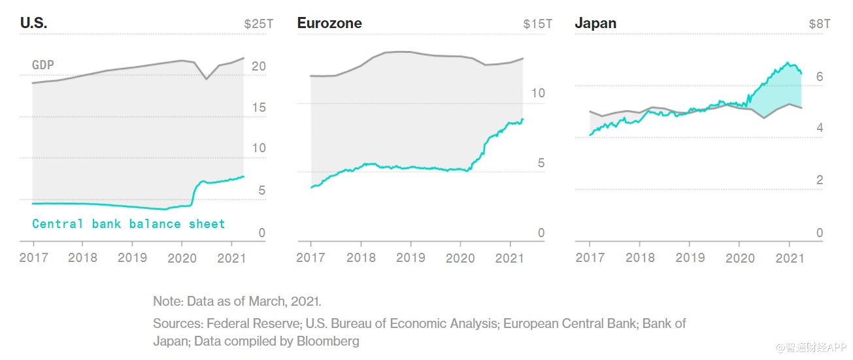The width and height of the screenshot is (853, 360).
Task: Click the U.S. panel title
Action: [x=33, y=23]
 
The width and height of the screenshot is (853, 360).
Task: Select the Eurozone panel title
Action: [x=329, y=23]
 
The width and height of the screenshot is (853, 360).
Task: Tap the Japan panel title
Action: [x=595, y=23]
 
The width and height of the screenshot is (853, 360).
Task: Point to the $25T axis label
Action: [x=258, y=24]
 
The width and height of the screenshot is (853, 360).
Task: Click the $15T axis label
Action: [x=537, y=24]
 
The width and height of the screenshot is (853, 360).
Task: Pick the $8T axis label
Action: [x=819, y=24]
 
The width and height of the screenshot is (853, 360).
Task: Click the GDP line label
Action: [x=43, y=65]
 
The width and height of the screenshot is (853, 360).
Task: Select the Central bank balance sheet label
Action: [x=128, y=224]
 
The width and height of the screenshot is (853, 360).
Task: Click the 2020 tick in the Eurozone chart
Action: [x=461, y=257]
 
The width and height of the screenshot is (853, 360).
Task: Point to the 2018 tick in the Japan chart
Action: [x=639, y=257]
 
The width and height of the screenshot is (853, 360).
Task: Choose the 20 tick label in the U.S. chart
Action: [x=258, y=66]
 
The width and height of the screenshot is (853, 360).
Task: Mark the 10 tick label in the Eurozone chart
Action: [x=537, y=93]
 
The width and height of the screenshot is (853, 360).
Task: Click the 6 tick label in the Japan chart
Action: [x=819, y=77]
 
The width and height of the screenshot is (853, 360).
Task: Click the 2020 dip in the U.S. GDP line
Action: [x=207, y=78]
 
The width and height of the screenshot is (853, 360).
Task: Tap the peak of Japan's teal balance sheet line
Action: [x=789, y=63]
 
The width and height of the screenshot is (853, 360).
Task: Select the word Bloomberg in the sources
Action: [x=327, y=341]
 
